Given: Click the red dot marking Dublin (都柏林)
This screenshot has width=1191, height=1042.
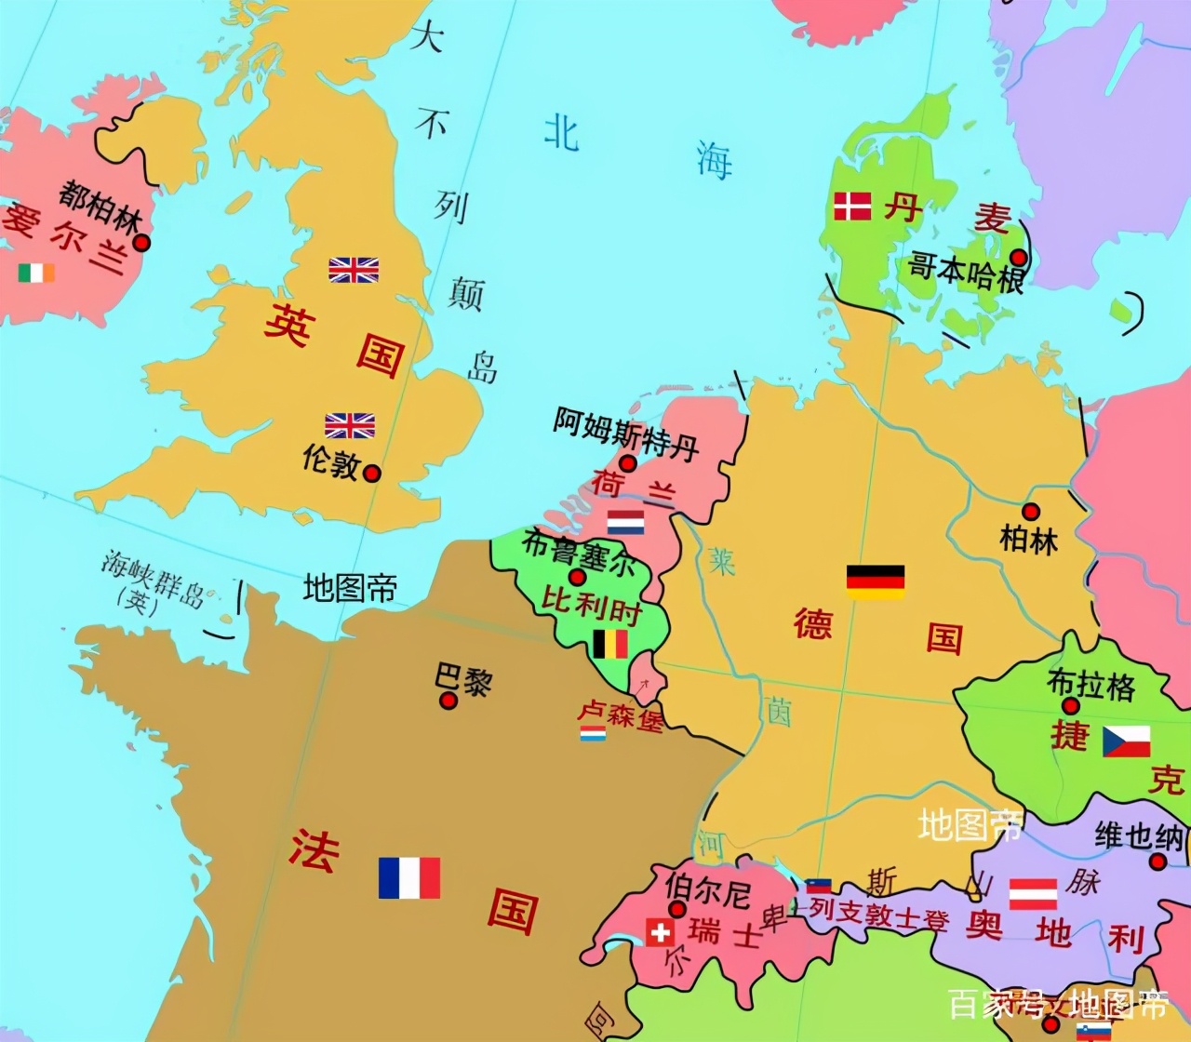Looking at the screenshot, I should point(141,243).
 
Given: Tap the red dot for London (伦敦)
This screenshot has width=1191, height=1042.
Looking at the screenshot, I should point(372,473).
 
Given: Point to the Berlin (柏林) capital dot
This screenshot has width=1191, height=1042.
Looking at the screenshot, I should point(1031,512).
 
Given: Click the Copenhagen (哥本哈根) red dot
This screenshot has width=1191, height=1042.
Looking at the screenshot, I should point(1020,257).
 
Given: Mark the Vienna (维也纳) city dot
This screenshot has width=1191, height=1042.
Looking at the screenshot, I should point(1158,862).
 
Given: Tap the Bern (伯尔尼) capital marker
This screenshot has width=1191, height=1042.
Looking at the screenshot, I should point(677,909).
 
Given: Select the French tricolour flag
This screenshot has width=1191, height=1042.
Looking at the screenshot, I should point(409,877).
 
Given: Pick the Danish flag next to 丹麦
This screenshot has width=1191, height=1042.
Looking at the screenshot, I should point(852,206).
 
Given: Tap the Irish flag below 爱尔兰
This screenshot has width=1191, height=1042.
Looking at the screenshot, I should point(36,273).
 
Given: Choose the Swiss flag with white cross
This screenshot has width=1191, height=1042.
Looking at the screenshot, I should point(660,932).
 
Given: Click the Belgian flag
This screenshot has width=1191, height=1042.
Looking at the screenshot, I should point(610,644).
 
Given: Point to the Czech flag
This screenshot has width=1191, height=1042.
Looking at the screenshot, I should point(1126,741).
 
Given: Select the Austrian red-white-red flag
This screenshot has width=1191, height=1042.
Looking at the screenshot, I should point(1033,894).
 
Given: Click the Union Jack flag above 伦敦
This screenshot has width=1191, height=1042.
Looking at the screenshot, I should point(350,425).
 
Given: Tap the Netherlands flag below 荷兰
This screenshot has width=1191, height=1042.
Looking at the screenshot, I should point(625,522).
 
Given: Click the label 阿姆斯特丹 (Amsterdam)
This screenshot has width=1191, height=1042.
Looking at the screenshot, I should point(625,434).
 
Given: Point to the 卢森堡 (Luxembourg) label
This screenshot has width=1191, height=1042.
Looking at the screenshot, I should point(620,715).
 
